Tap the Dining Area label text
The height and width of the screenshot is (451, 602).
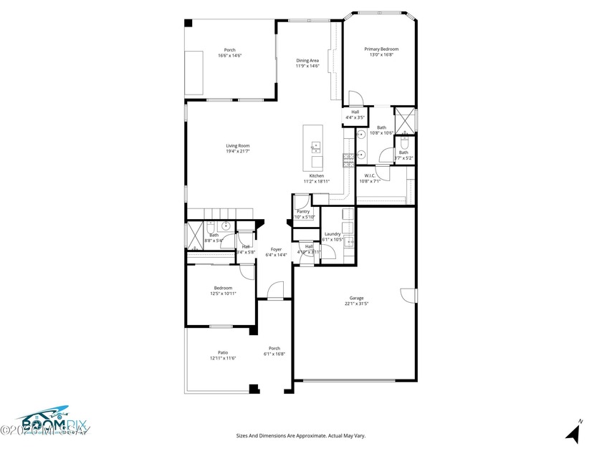coord(307,61)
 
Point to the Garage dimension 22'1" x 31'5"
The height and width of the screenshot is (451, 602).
coord(356,304)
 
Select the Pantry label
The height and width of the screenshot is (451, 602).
coord(303,212)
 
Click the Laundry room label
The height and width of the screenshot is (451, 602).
coord(332,234)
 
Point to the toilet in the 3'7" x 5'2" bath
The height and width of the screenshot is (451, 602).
coord(403,142)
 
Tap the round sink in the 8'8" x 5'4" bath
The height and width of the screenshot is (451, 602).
coord(226,227)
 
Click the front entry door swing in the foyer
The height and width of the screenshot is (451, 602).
coord(274,290)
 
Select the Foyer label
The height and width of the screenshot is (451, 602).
coord(276,250)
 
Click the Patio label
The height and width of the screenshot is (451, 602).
coord(223,352)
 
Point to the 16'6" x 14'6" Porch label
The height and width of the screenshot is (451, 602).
coord(229,50)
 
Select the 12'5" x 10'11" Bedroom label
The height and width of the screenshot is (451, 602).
coord(223,288)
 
